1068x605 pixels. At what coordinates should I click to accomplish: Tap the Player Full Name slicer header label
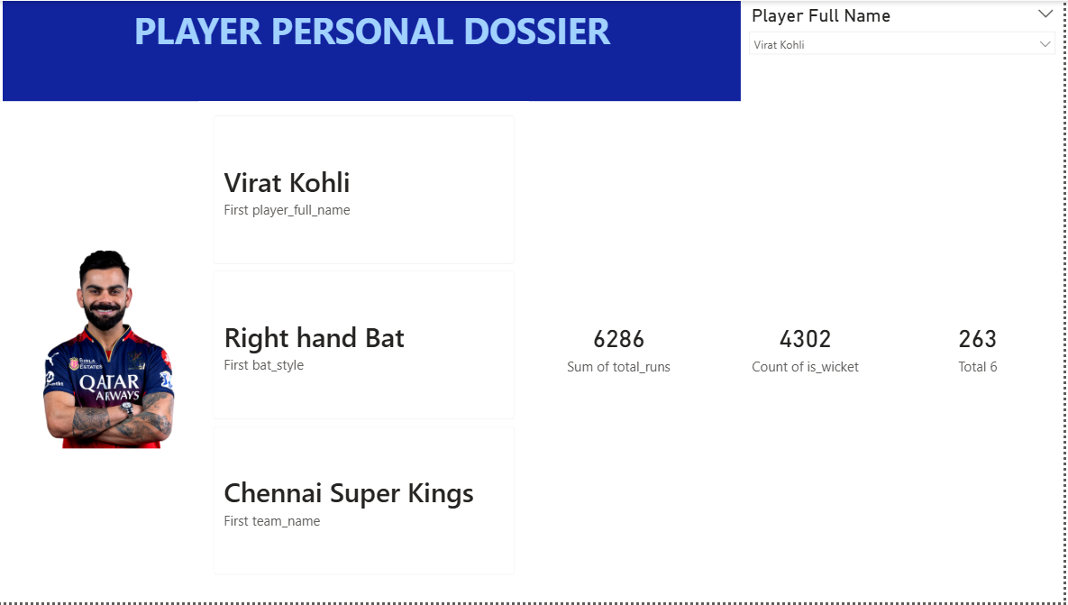pyautogui.click(x=821, y=15)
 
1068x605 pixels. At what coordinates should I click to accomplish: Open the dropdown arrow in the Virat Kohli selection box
pyautogui.click(x=1045, y=44)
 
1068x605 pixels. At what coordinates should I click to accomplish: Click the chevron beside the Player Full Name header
pyautogui.click(x=1045, y=14)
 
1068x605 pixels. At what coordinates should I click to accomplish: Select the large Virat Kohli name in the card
pyautogui.click(x=287, y=183)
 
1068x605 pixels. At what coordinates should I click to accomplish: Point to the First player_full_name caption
pyautogui.click(x=287, y=210)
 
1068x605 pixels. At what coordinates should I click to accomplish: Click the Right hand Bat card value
pyautogui.click(x=314, y=338)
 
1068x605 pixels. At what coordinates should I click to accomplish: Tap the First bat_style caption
pyautogui.click(x=263, y=365)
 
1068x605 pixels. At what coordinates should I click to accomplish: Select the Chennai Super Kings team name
pyautogui.click(x=349, y=493)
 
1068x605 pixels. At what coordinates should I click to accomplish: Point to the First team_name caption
pyautogui.click(x=272, y=521)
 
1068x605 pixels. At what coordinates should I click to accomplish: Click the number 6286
pyautogui.click(x=618, y=339)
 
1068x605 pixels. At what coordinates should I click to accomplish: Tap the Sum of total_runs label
pyautogui.click(x=618, y=367)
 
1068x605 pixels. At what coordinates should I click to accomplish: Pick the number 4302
pyautogui.click(x=805, y=339)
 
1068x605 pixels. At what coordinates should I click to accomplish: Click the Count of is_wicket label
pyautogui.click(x=805, y=367)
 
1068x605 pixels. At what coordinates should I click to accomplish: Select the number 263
pyautogui.click(x=977, y=339)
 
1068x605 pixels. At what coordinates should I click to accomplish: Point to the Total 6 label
pyautogui.click(x=977, y=367)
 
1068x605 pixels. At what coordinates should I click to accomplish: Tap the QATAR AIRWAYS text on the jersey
pyautogui.click(x=110, y=387)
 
